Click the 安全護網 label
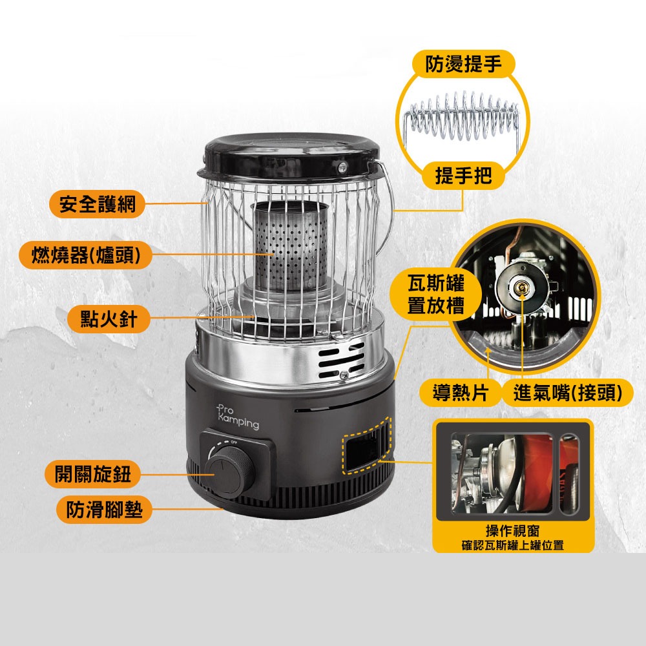click(x=98, y=203)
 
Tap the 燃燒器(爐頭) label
click(x=86, y=255)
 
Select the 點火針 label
click(x=109, y=319)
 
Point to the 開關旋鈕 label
click(x=92, y=474)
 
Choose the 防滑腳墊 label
click(x=104, y=510)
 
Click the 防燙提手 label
click(x=463, y=64)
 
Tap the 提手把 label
click(x=463, y=176)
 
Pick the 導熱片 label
click(x=460, y=392)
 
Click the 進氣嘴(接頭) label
click(x=567, y=392)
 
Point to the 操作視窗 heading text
click(x=512, y=530)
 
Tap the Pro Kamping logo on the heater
click(x=238, y=417)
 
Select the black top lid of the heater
click(x=292, y=156)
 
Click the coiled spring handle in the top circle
click(x=463, y=116)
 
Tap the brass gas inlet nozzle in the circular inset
click(x=521, y=285)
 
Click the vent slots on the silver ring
click(x=341, y=361)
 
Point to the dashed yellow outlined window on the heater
click(x=366, y=446)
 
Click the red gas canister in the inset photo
click(x=537, y=473)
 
